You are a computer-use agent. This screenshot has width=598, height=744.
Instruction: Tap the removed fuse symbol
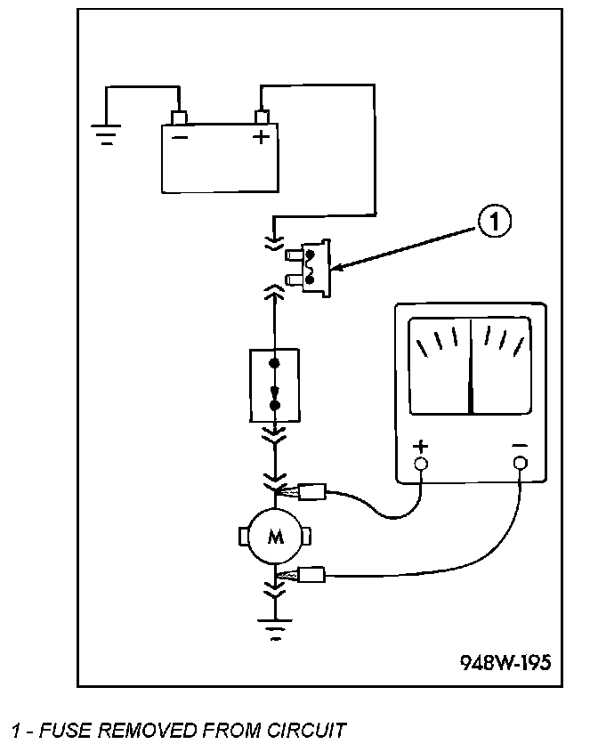coord(308,268)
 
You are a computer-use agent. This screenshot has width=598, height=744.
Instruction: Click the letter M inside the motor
coord(276,537)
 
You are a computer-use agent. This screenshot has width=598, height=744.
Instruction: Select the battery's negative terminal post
coord(179,117)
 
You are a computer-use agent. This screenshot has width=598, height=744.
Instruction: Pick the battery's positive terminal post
coord(262,117)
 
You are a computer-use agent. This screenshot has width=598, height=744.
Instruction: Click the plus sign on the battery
coord(261,137)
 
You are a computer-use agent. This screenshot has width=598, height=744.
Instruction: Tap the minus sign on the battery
coord(180,138)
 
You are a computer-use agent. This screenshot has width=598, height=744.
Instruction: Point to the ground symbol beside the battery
coord(107,134)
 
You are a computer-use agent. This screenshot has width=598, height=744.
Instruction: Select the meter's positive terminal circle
coord(421,463)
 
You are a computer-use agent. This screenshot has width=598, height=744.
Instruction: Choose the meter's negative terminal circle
coord(521,463)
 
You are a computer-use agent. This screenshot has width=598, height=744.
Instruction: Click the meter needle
coord(471,366)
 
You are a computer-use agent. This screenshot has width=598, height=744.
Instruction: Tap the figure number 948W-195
coord(506,662)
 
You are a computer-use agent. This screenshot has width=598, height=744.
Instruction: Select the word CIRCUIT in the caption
coord(306,730)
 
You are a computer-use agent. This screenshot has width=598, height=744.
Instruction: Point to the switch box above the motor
coord(275,385)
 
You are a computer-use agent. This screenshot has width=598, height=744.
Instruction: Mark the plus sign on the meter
coord(421,446)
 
